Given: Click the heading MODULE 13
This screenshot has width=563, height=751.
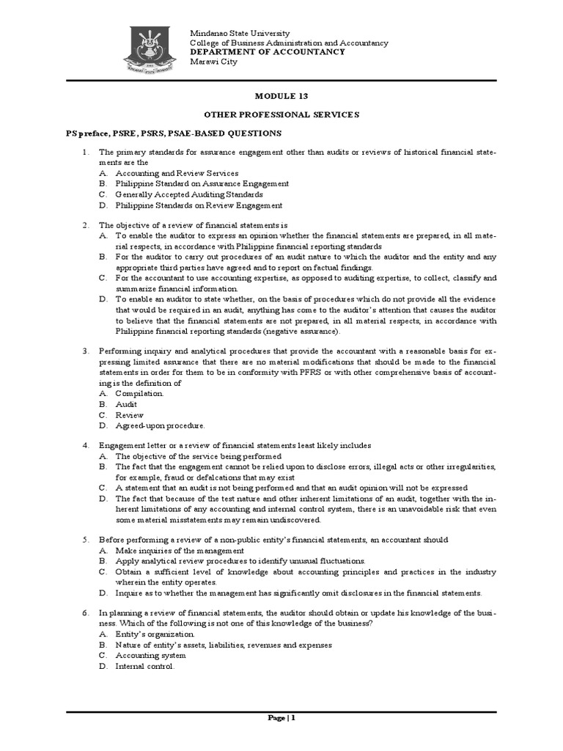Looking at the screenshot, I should [281, 96].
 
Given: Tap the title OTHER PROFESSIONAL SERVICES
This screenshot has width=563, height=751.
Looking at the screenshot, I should [281, 115].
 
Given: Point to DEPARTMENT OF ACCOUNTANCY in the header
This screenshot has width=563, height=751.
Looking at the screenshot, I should [267, 52].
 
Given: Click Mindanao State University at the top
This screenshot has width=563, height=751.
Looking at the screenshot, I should [240, 34].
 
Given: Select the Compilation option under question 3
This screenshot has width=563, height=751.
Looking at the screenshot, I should [139, 393].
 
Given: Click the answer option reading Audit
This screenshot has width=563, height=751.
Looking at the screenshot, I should [126, 404].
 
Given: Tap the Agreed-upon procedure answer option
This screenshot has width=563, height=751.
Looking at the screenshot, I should [160, 425].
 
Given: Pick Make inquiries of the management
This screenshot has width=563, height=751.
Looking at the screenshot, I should [180, 550].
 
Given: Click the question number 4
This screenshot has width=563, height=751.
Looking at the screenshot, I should [85, 445].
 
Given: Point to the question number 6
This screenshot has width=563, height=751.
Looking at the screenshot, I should [85, 612].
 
